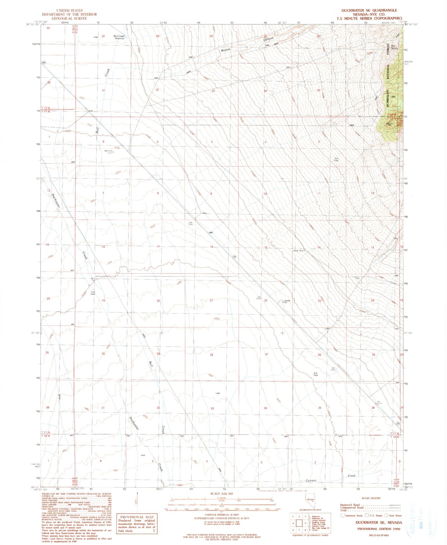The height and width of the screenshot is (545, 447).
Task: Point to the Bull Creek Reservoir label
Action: (119, 37)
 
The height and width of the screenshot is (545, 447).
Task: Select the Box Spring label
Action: (395, 47)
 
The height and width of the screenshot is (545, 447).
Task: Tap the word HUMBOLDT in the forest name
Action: (388, 99)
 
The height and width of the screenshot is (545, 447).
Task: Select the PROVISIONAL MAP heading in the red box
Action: (137, 517)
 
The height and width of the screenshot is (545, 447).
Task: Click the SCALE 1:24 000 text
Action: (222, 494)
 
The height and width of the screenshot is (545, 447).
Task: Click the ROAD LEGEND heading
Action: (371, 498)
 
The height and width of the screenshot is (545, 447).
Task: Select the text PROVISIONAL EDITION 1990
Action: (379, 529)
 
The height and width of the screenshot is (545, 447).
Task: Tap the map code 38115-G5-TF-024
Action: (378, 535)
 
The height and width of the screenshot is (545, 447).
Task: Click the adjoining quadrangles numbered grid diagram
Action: (299, 523)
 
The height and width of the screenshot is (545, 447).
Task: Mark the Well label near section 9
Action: (204, 213)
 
